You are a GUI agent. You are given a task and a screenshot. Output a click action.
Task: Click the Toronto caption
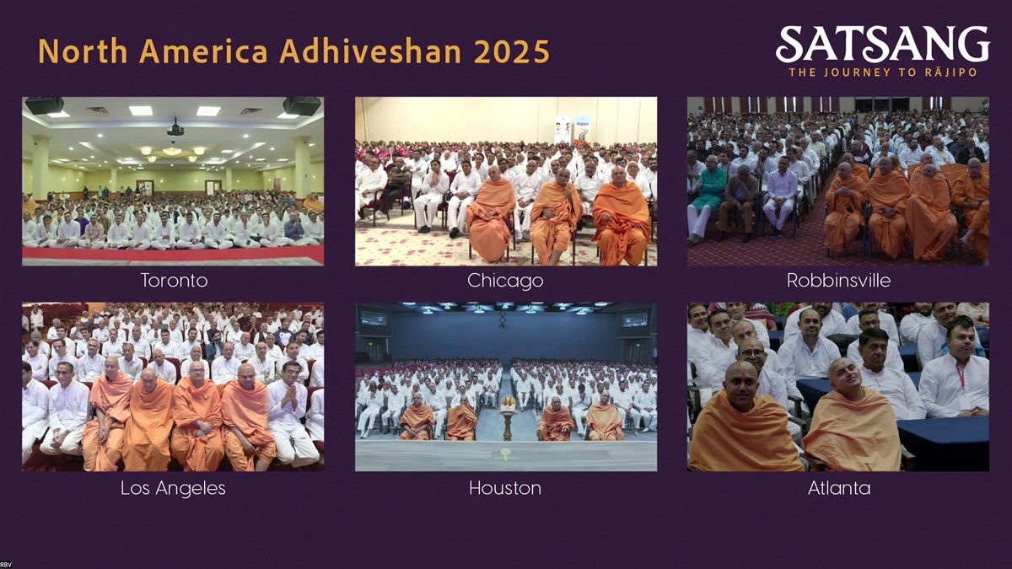pos(174,281)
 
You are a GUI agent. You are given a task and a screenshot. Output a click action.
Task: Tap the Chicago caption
pos(505,281)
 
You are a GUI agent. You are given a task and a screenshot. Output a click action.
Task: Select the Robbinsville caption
pos(838,281)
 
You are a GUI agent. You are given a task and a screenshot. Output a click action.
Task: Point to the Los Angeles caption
pos(173,488)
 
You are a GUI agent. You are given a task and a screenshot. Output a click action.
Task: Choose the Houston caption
pos(505,488)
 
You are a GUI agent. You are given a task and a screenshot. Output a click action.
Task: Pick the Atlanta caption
pos(839,488)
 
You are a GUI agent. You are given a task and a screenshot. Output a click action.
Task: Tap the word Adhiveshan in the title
pos(370,51)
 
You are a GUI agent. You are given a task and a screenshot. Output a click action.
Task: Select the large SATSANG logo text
pos(883,44)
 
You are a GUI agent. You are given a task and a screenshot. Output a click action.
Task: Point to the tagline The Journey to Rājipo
pos(883,72)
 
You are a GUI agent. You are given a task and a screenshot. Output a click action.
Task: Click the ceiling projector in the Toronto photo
pos(175,128)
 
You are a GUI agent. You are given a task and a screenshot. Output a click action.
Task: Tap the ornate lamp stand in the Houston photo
pos(508,416)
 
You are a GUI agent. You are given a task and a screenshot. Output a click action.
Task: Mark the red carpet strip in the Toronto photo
pos(173,254)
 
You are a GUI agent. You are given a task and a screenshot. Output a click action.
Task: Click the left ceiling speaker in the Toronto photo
pos(44,105)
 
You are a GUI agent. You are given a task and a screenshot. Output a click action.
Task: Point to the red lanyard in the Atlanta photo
pos(960,378)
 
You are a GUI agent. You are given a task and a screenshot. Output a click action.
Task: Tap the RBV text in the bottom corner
pos(6,565)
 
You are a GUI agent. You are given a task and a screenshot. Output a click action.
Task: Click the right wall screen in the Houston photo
pos(635,319)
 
